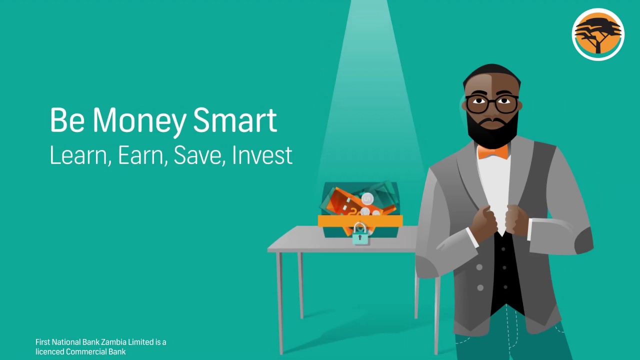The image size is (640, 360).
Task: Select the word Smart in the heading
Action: [x=234, y=120]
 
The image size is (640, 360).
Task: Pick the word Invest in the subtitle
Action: [x=262, y=155]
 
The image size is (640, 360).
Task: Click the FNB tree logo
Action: [x=598, y=34]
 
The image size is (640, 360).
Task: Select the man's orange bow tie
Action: [x=492, y=151]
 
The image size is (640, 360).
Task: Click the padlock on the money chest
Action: [x=360, y=233]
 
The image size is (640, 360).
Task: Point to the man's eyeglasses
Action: [x=492, y=104]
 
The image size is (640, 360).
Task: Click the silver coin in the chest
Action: [x=367, y=199]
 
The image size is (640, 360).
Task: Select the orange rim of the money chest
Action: [x=360, y=220]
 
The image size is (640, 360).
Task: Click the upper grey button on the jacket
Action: [x=479, y=267]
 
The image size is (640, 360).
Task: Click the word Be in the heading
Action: [x=67, y=120]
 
